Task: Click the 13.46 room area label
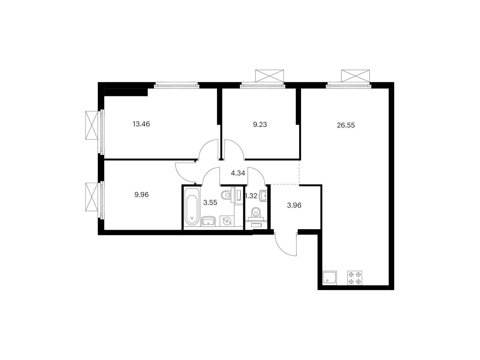click(141, 124)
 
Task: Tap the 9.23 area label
click(260, 125)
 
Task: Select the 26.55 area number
click(346, 125)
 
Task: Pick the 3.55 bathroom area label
click(210, 202)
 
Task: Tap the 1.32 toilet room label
click(251, 196)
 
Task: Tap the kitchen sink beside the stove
click(330, 278)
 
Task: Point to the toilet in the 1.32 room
click(256, 213)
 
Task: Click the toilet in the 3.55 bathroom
click(226, 195)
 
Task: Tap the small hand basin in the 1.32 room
click(264, 195)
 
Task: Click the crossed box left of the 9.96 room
click(92, 197)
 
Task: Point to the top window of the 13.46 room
click(176, 86)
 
